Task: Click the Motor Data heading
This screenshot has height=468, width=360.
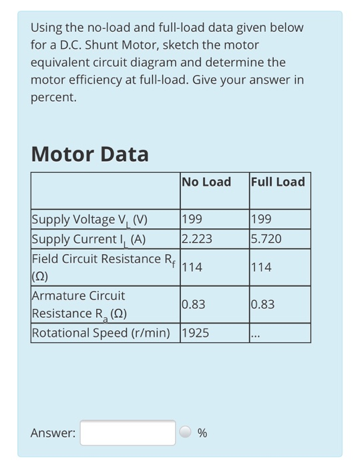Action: (x=90, y=154)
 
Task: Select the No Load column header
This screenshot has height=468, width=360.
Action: (x=206, y=182)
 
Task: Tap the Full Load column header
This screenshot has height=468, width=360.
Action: (x=277, y=182)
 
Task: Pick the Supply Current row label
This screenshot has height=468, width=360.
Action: (x=89, y=239)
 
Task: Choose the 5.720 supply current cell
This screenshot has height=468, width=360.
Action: (x=266, y=239)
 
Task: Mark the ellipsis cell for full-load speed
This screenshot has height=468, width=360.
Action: (x=256, y=333)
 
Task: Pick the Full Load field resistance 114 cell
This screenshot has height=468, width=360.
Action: (x=261, y=267)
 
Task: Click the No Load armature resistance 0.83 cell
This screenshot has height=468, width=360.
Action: (x=194, y=304)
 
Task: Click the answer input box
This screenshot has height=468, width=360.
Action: (x=128, y=433)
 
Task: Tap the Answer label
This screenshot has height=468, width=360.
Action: (x=53, y=433)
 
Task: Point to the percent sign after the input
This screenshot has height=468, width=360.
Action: (x=202, y=433)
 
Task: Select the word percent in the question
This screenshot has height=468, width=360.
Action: (x=53, y=97)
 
